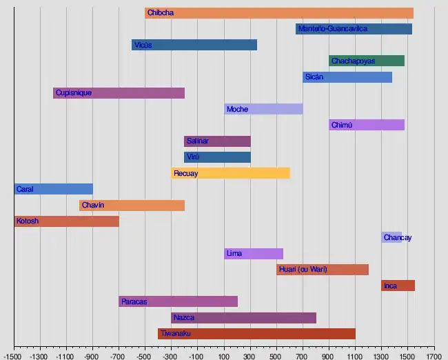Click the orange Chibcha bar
tap(279, 13)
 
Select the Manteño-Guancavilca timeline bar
tap(354, 29)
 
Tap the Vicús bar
tap(194, 45)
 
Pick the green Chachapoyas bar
tap(367, 61)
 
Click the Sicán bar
tap(347, 77)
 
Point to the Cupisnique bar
tap(119, 93)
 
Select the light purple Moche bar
tap(263, 109)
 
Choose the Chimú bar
tap(367, 125)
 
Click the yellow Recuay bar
tap(230, 173)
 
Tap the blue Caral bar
tap(54, 189)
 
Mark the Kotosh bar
tap(67, 221)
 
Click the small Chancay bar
tap(391, 237)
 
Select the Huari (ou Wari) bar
tap(323, 269)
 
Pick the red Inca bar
tap(398, 286)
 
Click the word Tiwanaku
tap(176, 334)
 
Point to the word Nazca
tap(184, 318)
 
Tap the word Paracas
tap(134, 301)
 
